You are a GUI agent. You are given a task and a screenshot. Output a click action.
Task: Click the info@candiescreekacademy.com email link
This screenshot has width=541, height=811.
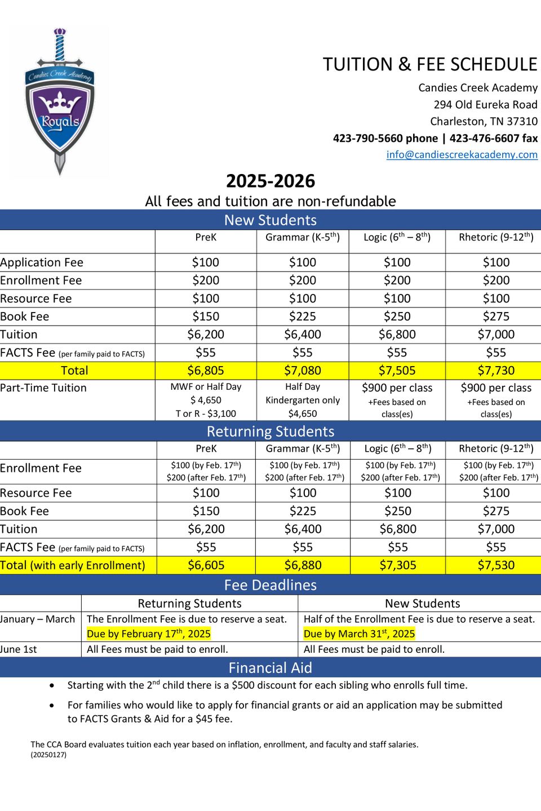click(x=462, y=155)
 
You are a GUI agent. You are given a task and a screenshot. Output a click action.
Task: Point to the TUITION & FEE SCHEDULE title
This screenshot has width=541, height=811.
click(x=429, y=65)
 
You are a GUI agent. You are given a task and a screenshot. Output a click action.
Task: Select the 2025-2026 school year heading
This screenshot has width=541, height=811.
click(x=270, y=181)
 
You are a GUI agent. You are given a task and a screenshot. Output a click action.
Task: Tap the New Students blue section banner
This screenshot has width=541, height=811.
click(x=270, y=220)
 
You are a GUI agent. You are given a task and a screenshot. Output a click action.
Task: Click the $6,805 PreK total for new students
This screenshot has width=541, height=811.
click(x=206, y=371)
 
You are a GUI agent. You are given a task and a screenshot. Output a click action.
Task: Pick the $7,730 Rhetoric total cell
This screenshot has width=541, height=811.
click(x=496, y=371)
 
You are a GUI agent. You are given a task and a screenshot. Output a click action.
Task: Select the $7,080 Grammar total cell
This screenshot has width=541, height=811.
click(x=303, y=371)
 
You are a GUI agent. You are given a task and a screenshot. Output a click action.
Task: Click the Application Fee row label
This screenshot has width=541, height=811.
click(x=42, y=262)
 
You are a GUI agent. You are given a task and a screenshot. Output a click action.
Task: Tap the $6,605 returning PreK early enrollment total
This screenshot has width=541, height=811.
click(x=206, y=565)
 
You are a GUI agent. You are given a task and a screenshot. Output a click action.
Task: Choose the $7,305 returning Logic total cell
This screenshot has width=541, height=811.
click(x=398, y=565)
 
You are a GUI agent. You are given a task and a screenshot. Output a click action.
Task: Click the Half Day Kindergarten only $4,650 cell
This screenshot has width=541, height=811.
click(x=303, y=400)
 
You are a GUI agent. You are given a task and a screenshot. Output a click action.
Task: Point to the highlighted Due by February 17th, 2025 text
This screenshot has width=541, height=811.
click(x=149, y=634)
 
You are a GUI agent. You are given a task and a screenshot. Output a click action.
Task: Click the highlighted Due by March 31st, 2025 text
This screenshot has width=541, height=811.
click(x=359, y=634)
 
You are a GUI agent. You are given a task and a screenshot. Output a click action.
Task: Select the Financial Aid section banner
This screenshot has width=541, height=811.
click(x=270, y=668)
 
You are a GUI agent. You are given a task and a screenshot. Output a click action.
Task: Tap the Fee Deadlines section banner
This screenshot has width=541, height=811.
click(x=270, y=585)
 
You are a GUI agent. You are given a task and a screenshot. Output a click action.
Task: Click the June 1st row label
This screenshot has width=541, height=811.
click(x=19, y=649)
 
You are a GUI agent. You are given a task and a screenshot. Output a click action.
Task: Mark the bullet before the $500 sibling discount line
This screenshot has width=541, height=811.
click(x=52, y=686)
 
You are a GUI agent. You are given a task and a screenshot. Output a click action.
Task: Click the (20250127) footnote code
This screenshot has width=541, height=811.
click(x=48, y=755)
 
